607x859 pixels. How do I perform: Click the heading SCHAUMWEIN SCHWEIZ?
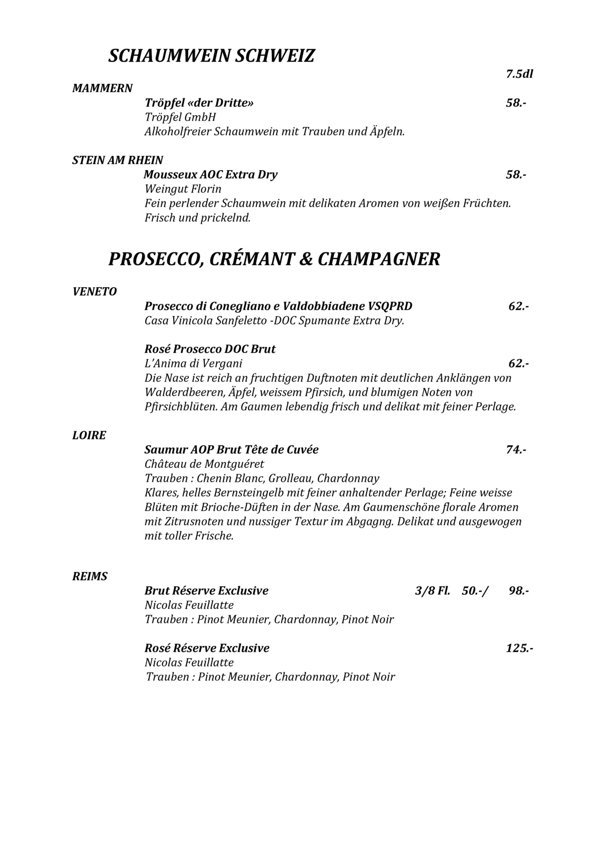coord(211,56)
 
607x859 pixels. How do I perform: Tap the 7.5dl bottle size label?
coord(519,74)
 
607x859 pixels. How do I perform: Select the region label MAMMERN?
coord(102,89)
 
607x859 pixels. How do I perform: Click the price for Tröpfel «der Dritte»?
coord(516,103)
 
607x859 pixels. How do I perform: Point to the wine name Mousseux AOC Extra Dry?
coord(210,175)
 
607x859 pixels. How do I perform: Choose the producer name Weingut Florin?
coord(183,189)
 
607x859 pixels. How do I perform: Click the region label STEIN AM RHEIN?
coord(118,160)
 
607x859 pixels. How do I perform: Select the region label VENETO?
coord(94,292)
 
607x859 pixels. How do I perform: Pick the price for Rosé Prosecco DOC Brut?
coord(518,364)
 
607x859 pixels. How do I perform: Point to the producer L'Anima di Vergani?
coord(193,364)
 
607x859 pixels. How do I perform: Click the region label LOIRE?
coord(89,435)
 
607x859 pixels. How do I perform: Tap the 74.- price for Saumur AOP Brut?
coord(516,450)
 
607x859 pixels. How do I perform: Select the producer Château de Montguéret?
coord(204,464)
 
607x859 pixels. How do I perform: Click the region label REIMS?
coord(90,577)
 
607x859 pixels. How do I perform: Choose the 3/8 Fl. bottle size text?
coord(432,591)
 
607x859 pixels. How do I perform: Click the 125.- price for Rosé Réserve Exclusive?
coord(519,648)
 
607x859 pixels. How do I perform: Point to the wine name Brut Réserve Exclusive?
coord(206,591)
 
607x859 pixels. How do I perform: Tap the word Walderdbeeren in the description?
coord(184,392)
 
